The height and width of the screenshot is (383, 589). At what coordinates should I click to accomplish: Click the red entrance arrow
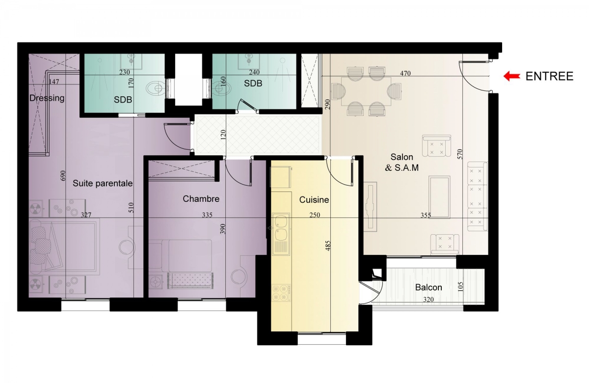(x=511, y=76)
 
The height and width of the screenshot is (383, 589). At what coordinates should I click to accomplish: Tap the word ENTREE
(x=549, y=76)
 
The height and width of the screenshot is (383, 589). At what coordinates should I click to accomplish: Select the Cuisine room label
(x=314, y=200)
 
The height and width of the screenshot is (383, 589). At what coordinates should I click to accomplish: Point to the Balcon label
(x=428, y=287)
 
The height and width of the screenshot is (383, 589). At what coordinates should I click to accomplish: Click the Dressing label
(x=47, y=98)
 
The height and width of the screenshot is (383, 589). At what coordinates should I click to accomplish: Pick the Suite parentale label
(x=103, y=183)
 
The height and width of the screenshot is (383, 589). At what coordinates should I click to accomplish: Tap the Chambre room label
(x=201, y=198)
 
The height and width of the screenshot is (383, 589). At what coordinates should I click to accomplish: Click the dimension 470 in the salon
(x=405, y=73)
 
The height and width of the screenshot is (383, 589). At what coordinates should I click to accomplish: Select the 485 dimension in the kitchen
(x=328, y=246)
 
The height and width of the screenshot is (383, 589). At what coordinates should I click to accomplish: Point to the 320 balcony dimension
(x=428, y=300)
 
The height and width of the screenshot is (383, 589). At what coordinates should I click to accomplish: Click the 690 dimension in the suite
(x=63, y=175)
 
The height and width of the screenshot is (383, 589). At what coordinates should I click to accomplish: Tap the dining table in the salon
(x=366, y=91)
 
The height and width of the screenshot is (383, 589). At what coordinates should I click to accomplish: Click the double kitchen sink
(x=281, y=234)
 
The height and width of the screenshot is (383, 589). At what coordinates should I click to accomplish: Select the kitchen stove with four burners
(x=281, y=293)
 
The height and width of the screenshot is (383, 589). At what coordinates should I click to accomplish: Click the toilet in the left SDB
(x=156, y=88)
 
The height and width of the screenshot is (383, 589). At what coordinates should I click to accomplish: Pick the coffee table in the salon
(x=439, y=197)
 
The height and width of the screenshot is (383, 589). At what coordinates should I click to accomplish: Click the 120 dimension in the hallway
(x=223, y=135)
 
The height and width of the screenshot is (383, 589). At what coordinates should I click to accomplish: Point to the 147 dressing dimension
(x=54, y=82)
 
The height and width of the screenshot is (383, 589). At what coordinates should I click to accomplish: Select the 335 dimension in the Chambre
(x=207, y=215)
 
